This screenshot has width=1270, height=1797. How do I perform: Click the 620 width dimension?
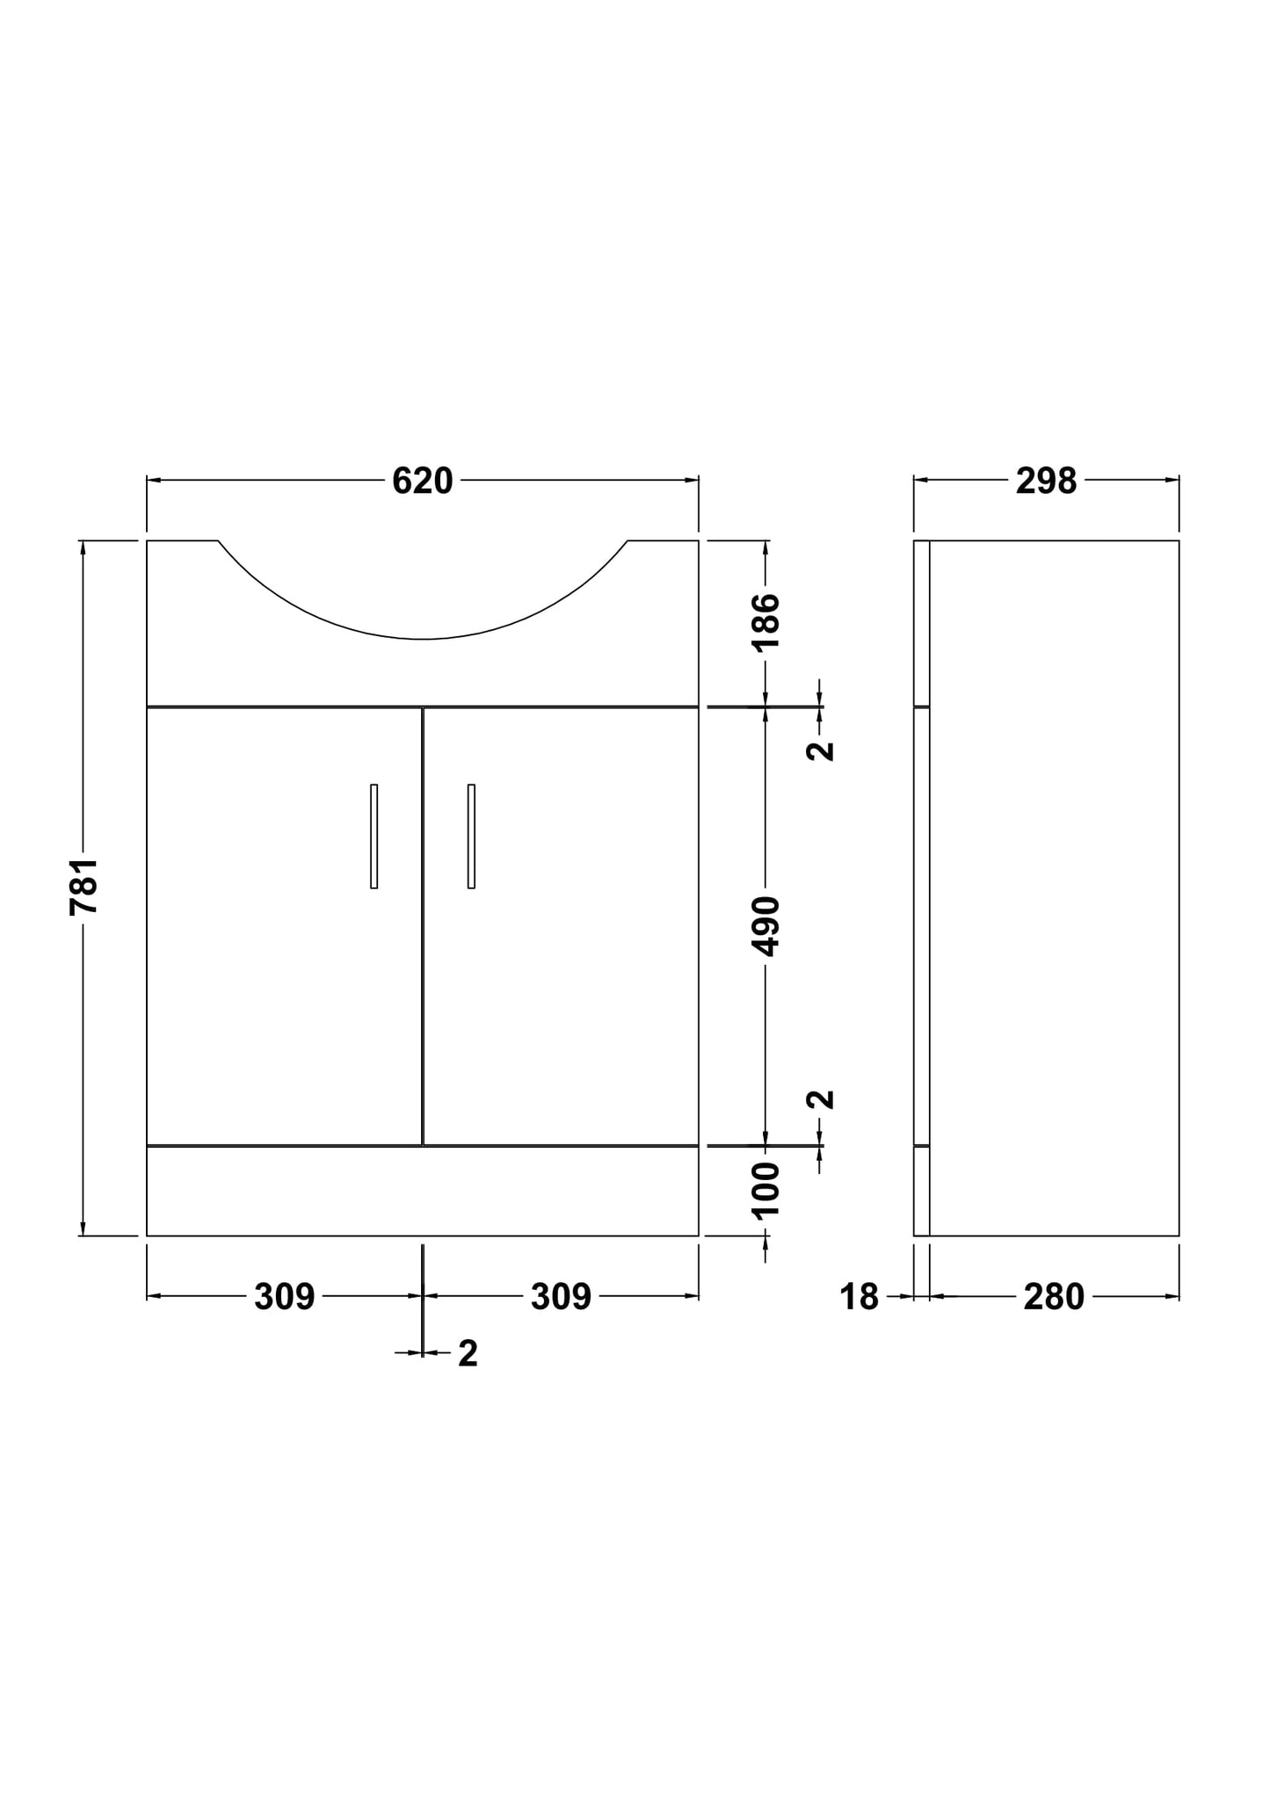[x=422, y=482]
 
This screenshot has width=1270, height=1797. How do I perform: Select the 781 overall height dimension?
[x=84, y=887]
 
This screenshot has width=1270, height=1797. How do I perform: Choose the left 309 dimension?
[x=284, y=1297]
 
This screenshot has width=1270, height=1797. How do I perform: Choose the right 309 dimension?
[x=561, y=1297]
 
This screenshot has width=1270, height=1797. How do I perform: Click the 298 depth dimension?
[x=1046, y=482]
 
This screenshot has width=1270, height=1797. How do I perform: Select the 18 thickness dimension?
[x=859, y=1297]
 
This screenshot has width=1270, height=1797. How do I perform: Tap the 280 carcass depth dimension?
[x=1054, y=1297]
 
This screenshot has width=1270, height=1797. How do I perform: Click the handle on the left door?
[x=374, y=836]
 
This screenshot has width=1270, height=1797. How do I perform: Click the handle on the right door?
[x=471, y=836]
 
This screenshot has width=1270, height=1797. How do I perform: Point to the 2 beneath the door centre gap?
[x=468, y=1354]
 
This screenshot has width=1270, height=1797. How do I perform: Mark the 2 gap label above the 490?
[x=821, y=750]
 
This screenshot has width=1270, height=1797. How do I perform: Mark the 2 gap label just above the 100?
[x=821, y=1099]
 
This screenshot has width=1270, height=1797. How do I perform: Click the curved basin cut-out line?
[x=423, y=638]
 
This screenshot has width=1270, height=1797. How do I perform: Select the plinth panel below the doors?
[x=422, y=1191]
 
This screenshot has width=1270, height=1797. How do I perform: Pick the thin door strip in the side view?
[x=921, y=926]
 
